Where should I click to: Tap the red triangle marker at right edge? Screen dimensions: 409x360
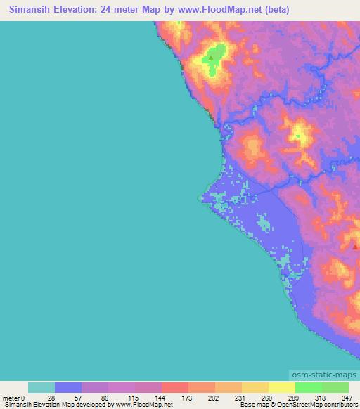click(x=356, y=246)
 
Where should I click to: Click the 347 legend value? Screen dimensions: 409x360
click(x=345, y=397)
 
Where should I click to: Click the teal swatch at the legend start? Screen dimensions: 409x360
click(x=41, y=387)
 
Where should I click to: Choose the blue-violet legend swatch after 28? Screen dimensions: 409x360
click(x=68, y=387)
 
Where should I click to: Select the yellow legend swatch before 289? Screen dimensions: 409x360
click(x=255, y=387)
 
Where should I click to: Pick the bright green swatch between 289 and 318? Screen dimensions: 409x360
click(x=309, y=387)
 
